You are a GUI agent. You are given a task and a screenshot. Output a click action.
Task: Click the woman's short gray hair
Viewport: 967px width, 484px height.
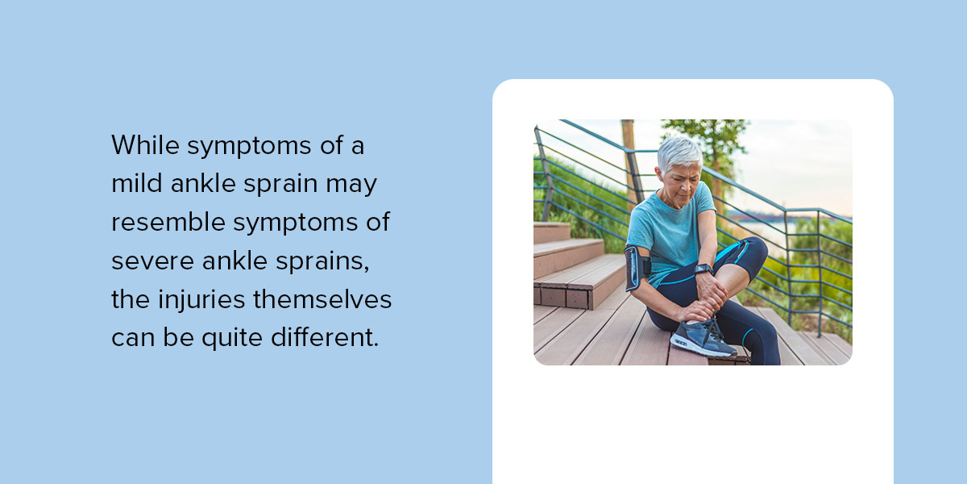(679, 151)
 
